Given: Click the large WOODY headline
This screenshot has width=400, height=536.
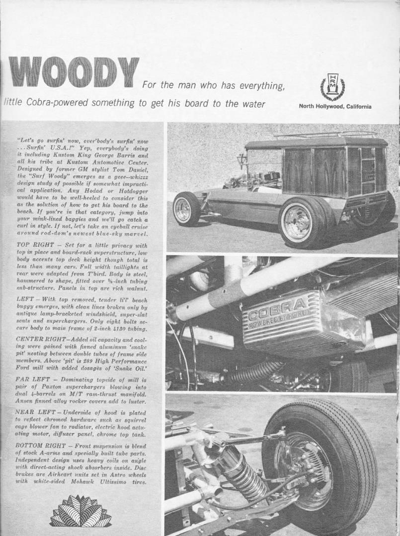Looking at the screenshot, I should click(x=74, y=72).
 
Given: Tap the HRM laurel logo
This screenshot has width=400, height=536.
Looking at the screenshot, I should click(x=332, y=86).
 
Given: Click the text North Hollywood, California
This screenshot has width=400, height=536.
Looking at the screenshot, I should click(x=335, y=106).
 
